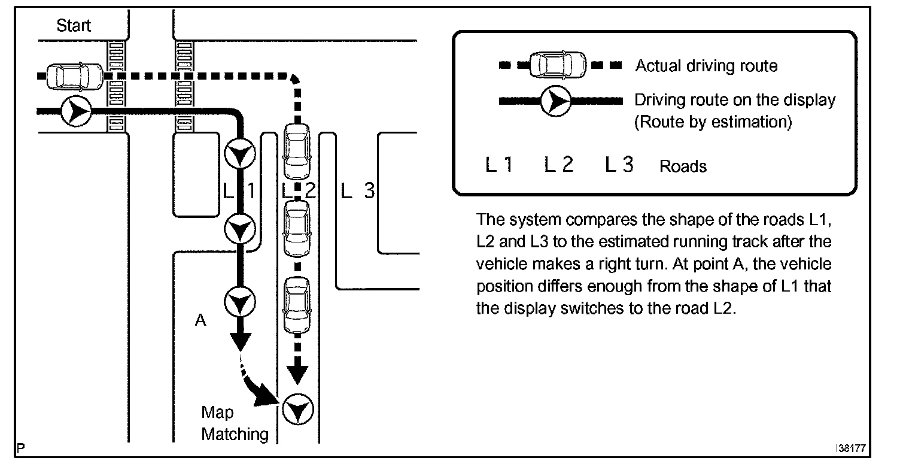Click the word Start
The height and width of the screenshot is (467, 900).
(74, 25)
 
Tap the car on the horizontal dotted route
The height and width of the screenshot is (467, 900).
(75, 76)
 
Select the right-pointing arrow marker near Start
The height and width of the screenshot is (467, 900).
(77, 111)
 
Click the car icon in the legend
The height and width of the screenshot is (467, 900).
(558, 64)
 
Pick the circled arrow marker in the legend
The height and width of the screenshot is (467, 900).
(556, 101)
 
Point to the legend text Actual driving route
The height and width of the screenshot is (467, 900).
(706, 65)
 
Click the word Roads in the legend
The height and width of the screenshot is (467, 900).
(683, 166)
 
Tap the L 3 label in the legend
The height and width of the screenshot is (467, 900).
(619, 165)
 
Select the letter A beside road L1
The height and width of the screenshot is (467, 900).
(200, 320)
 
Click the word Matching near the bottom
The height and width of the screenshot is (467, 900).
(235, 435)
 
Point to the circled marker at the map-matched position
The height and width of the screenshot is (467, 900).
(298, 410)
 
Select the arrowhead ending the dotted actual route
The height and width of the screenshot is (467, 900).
(297, 375)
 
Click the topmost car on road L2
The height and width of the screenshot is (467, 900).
(297, 151)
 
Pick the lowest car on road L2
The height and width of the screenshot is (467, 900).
(297, 305)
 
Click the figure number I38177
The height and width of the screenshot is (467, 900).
(851, 448)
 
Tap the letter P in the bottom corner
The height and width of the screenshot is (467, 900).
(21, 448)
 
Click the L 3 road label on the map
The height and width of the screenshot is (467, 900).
(358, 190)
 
